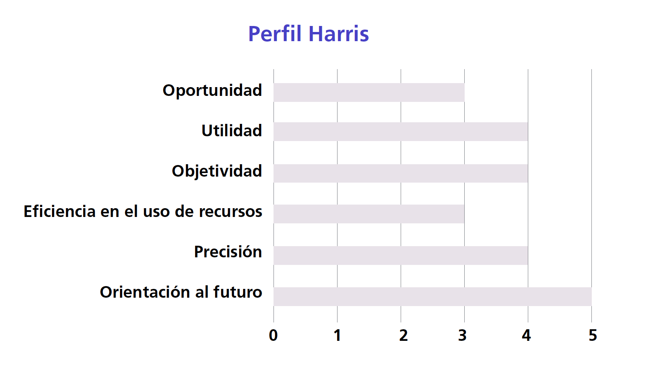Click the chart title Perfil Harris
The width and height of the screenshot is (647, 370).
(x=308, y=34)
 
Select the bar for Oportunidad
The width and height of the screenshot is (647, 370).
(x=369, y=92)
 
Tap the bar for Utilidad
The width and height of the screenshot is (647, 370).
(x=401, y=131)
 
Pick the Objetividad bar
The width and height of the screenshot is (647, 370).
(x=401, y=173)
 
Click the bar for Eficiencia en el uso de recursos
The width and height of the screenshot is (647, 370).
(x=369, y=214)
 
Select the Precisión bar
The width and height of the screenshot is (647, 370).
(x=401, y=255)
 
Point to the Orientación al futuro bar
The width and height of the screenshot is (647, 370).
(x=432, y=296)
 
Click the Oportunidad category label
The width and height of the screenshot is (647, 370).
(x=212, y=91)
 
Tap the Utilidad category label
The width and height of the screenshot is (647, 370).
(x=232, y=130)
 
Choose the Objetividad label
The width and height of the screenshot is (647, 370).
(x=217, y=171)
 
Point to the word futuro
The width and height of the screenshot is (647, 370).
(x=238, y=292)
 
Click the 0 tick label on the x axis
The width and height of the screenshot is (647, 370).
(x=273, y=335)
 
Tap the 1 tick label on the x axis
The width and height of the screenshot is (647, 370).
(x=337, y=335)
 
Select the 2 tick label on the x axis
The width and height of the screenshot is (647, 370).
(x=403, y=335)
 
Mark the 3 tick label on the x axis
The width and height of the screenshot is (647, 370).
(x=462, y=335)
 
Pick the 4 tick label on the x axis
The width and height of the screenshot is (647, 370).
(x=526, y=335)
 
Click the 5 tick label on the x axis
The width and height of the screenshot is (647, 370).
(x=593, y=335)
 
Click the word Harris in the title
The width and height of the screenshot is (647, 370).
(x=339, y=34)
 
